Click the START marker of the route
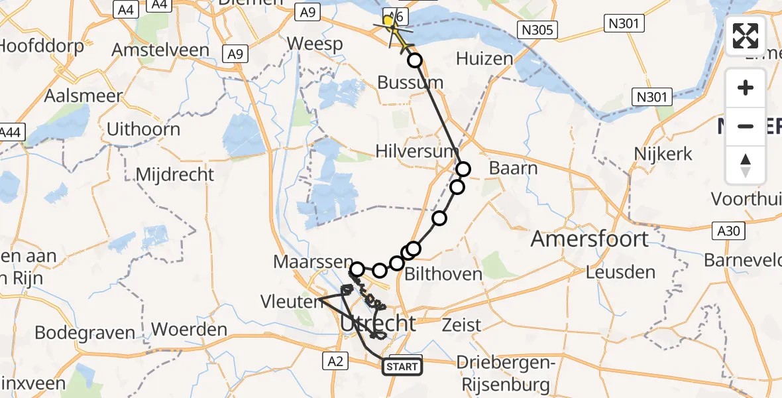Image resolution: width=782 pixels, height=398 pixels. click(402, 367)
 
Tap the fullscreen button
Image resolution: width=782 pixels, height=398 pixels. click(746, 36)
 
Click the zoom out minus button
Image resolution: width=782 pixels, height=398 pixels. click(746, 126)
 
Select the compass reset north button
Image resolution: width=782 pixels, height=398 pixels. click(746, 165)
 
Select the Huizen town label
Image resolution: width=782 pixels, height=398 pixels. click(484, 58)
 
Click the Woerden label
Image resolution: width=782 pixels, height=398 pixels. click(189, 329)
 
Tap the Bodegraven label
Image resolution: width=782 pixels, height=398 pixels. click(84, 332)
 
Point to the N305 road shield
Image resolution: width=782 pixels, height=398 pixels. click(539, 29)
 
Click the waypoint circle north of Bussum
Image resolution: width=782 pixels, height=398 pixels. click(415, 60)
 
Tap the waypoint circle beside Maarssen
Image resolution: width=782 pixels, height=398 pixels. click(357, 269)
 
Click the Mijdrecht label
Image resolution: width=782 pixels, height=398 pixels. click(175, 174)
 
